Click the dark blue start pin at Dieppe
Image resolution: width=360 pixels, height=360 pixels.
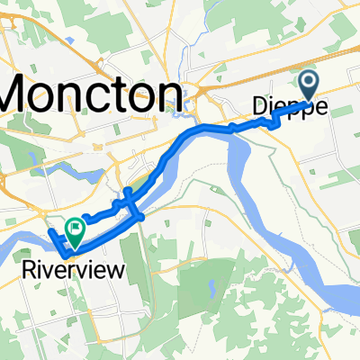click(309, 86)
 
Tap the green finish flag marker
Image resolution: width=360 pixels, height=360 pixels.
click(76, 230)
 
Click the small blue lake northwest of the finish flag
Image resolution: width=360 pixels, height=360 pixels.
click(33, 163)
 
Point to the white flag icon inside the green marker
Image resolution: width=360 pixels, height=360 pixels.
click(77, 228)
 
